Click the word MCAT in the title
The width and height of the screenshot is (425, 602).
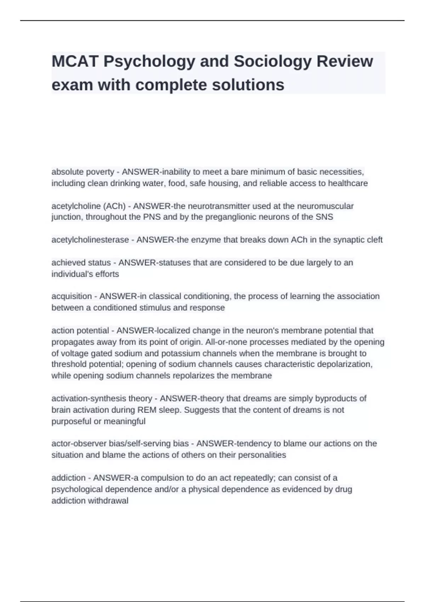[x=75, y=61]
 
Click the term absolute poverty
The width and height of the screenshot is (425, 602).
[x=83, y=172]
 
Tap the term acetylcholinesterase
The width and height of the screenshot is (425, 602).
[x=90, y=240]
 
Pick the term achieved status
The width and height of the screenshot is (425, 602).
[x=81, y=262]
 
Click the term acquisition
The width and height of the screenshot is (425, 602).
[x=71, y=296]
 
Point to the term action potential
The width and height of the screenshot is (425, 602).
[x=80, y=330]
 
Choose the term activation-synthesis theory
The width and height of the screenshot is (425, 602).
[x=102, y=398]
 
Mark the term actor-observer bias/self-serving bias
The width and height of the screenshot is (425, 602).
[x=120, y=443]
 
